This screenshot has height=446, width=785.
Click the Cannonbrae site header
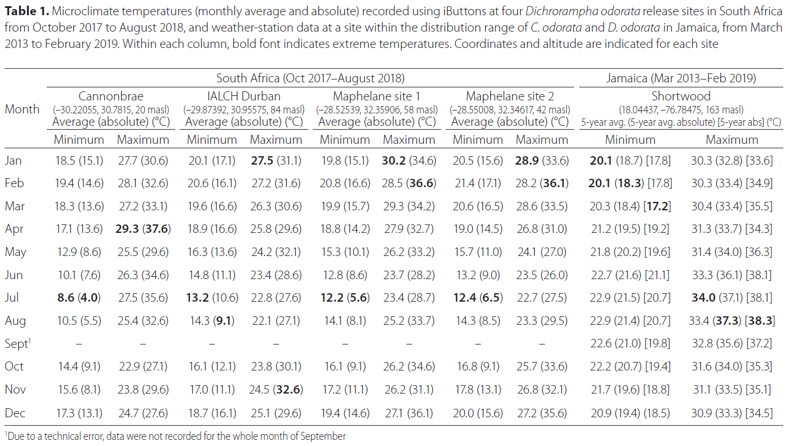(x=111, y=96)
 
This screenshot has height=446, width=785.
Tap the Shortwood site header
(x=681, y=96)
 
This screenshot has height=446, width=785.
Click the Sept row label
(x=17, y=343)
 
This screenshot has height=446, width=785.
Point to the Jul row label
(x=13, y=298)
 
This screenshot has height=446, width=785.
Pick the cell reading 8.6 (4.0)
(x=79, y=298)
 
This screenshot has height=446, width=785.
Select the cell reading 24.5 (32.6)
(x=276, y=389)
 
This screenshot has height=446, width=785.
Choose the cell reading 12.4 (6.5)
(x=478, y=298)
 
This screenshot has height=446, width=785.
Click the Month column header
(x=22, y=109)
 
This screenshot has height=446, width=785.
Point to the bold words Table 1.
(x=25, y=11)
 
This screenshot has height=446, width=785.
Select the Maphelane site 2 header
(x=510, y=96)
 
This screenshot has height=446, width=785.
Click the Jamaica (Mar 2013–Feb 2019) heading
(x=681, y=78)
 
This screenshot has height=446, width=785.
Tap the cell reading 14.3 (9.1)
(x=211, y=321)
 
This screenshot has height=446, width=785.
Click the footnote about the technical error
(x=175, y=436)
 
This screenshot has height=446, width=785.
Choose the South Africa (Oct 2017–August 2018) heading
(x=311, y=78)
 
